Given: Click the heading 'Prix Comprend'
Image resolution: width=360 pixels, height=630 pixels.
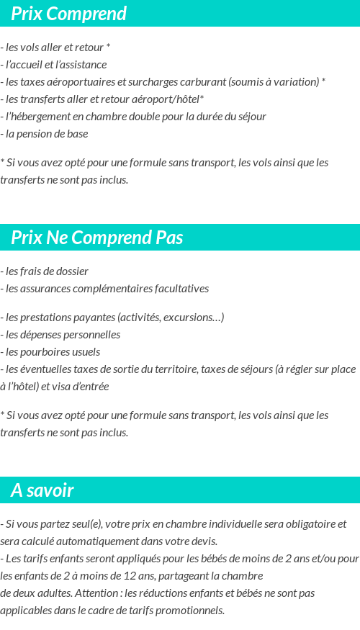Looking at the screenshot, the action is click(69, 14).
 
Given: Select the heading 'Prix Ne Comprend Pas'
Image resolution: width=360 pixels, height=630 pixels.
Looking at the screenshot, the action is click(97, 238).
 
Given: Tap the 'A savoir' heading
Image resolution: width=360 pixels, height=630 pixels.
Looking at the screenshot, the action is click(42, 490).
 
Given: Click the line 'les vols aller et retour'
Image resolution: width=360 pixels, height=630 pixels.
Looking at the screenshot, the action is click(56, 48).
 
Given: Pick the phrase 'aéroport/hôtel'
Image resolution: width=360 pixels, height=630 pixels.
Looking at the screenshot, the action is click(170, 99).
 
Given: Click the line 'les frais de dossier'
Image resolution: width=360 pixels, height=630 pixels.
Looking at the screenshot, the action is click(46, 271).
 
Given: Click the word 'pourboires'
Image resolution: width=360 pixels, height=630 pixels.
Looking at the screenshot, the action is click(45, 352).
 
